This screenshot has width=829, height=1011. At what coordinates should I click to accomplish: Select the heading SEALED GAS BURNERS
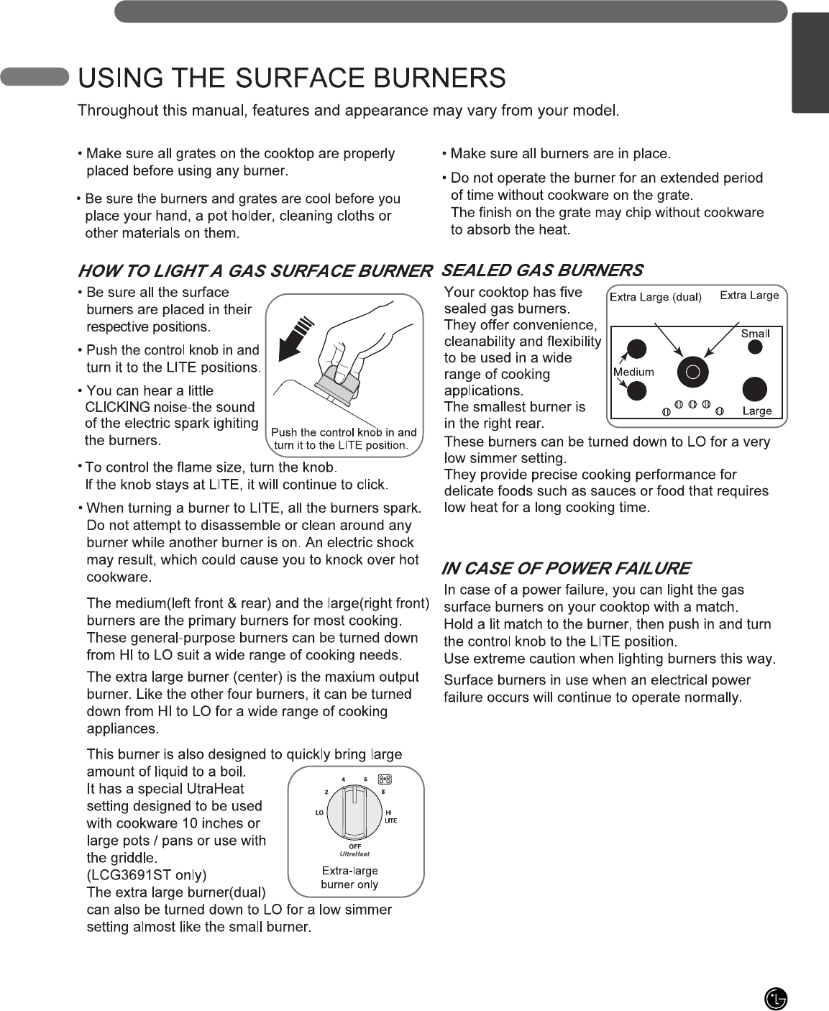[x=542, y=270]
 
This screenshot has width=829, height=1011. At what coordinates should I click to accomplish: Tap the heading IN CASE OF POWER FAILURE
[x=566, y=569]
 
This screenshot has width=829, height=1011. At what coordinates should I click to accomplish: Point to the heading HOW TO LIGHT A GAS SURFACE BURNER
[x=255, y=271]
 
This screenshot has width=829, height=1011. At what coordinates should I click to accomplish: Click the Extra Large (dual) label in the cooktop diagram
[x=655, y=297]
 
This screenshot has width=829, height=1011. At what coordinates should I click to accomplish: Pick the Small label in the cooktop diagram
[x=755, y=334]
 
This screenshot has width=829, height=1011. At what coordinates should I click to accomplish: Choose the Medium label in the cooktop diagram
[x=633, y=372]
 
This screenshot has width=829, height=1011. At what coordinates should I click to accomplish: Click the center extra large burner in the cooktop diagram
[x=693, y=372]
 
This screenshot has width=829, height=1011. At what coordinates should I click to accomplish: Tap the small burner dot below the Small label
[x=755, y=347]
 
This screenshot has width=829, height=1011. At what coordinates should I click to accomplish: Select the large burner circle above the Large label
[x=754, y=388]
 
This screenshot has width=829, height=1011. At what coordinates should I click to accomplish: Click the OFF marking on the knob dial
[x=354, y=846]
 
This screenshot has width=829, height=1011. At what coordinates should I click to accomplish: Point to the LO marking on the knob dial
[x=320, y=813]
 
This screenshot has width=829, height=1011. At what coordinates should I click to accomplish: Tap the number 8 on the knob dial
[x=383, y=792]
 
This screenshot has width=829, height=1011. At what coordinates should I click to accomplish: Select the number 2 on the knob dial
[x=326, y=792]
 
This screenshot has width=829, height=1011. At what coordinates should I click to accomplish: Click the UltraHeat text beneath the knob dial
[x=354, y=854]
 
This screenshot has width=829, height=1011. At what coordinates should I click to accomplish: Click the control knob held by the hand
[x=338, y=382]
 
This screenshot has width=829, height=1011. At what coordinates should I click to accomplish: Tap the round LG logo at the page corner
[x=776, y=999]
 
